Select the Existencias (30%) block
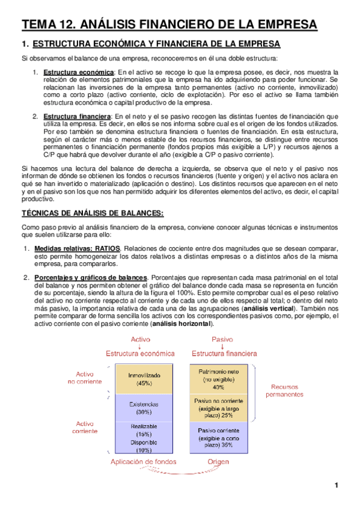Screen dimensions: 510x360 click(x=144, y=408)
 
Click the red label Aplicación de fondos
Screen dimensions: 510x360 click(x=144, y=462)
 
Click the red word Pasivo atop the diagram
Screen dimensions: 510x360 click(x=222, y=339)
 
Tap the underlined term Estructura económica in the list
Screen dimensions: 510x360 click(x=73, y=72)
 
